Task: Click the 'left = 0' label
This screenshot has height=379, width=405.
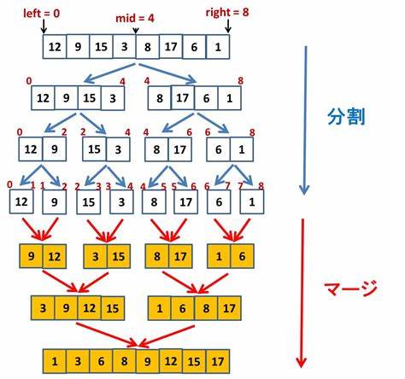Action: click(42, 14)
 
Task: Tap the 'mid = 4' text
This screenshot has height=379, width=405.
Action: click(135, 19)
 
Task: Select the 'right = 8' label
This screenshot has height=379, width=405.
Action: click(227, 12)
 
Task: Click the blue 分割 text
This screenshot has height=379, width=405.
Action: click(346, 117)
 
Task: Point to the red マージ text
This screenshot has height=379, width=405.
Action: click(351, 288)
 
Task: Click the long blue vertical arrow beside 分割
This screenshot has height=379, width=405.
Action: click(305, 120)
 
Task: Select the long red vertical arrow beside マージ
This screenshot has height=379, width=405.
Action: click(302, 293)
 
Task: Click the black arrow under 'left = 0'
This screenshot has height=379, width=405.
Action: click(44, 27)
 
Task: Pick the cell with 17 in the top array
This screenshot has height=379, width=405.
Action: click(171, 47)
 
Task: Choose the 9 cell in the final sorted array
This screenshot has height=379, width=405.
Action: click(148, 361)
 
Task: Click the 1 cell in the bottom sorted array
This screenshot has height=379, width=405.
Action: click(55, 361)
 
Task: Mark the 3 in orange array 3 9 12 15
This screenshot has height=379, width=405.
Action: click(43, 308)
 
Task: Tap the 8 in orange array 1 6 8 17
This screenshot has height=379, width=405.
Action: click(206, 308)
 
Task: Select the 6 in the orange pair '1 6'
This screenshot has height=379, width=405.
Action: click(242, 256)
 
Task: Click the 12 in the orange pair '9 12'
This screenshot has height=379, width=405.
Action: click(55, 256)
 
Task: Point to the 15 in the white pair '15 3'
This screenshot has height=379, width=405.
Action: click(94, 149)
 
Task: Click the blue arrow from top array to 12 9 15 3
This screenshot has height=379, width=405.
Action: click(110, 73)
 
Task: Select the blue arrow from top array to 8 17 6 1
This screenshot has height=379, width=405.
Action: click(167, 73)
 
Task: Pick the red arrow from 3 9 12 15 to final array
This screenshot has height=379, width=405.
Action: click(107, 335)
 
